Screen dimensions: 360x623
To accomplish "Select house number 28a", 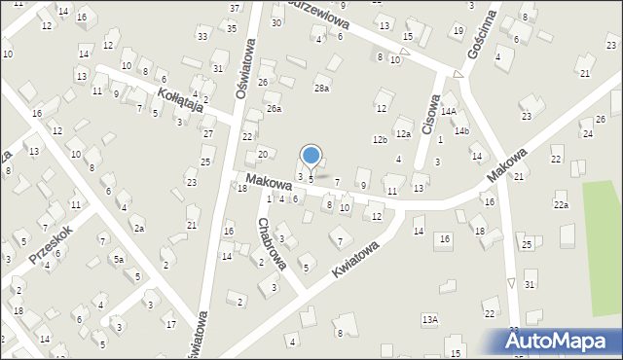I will (x=321, y=89).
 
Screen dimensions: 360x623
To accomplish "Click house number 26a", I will (x=275, y=108).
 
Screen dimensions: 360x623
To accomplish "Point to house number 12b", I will (x=380, y=140).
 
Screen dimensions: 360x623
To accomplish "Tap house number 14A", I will (x=448, y=112).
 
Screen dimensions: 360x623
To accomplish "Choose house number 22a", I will (x=561, y=204).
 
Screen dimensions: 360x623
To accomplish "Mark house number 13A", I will (x=429, y=319).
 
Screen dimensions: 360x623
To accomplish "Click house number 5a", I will (x=118, y=260).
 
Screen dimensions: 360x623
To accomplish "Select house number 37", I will (x=234, y=8).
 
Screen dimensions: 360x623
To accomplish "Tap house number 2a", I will (x=139, y=229).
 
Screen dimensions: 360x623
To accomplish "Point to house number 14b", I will (x=461, y=131).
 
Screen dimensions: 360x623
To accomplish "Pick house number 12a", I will (x=403, y=133).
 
